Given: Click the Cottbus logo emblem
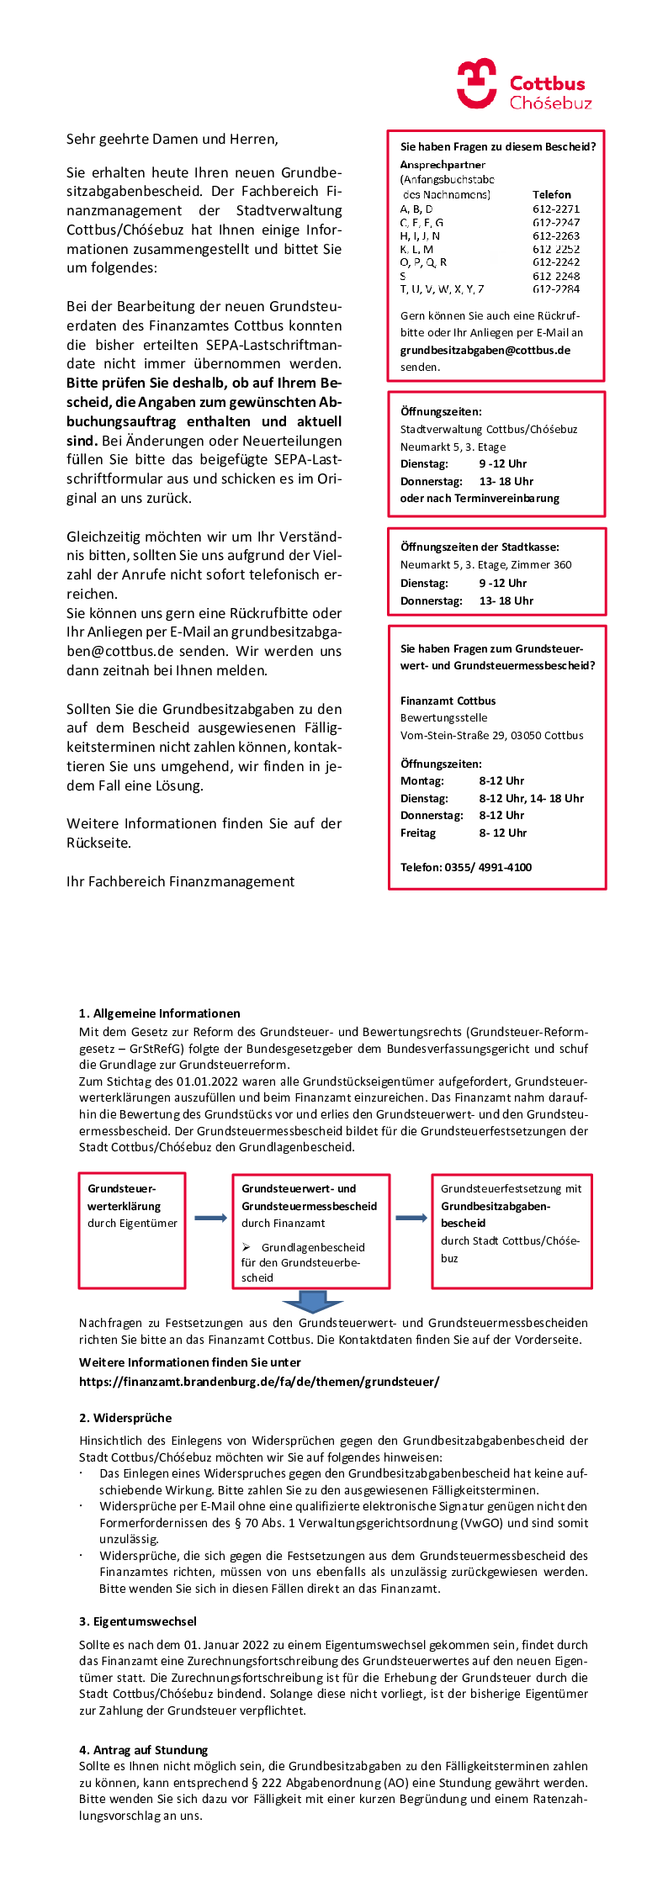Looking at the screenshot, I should click(476, 83).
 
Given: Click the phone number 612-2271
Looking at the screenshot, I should click(555, 209).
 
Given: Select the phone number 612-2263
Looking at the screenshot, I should click(555, 235).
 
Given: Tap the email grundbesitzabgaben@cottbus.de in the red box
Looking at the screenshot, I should click(485, 350).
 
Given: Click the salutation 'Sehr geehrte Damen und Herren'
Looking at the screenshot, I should click(172, 139).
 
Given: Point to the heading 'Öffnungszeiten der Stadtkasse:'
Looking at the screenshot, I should click(480, 547).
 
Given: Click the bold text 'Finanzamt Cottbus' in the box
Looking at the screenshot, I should click(448, 701).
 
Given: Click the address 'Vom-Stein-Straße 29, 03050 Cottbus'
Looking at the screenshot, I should click(491, 735).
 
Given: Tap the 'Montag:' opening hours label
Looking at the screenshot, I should click(421, 780).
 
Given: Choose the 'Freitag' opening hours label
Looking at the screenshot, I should click(417, 833).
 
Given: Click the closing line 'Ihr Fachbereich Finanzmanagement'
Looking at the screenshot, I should click(180, 881).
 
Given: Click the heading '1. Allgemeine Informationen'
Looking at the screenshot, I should click(159, 1013).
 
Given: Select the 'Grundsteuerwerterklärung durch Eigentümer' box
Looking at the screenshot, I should click(132, 1230).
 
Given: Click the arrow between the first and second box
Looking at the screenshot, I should click(209, 1218).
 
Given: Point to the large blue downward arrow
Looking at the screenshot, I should click(312, 1301).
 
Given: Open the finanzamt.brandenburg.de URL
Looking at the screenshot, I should click(258, 1381).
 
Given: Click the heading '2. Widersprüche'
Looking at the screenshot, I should click(125, 1418).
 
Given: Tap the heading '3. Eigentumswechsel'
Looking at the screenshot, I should click(138, 1621).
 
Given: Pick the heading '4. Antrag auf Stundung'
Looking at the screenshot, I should click(143, 1749).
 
